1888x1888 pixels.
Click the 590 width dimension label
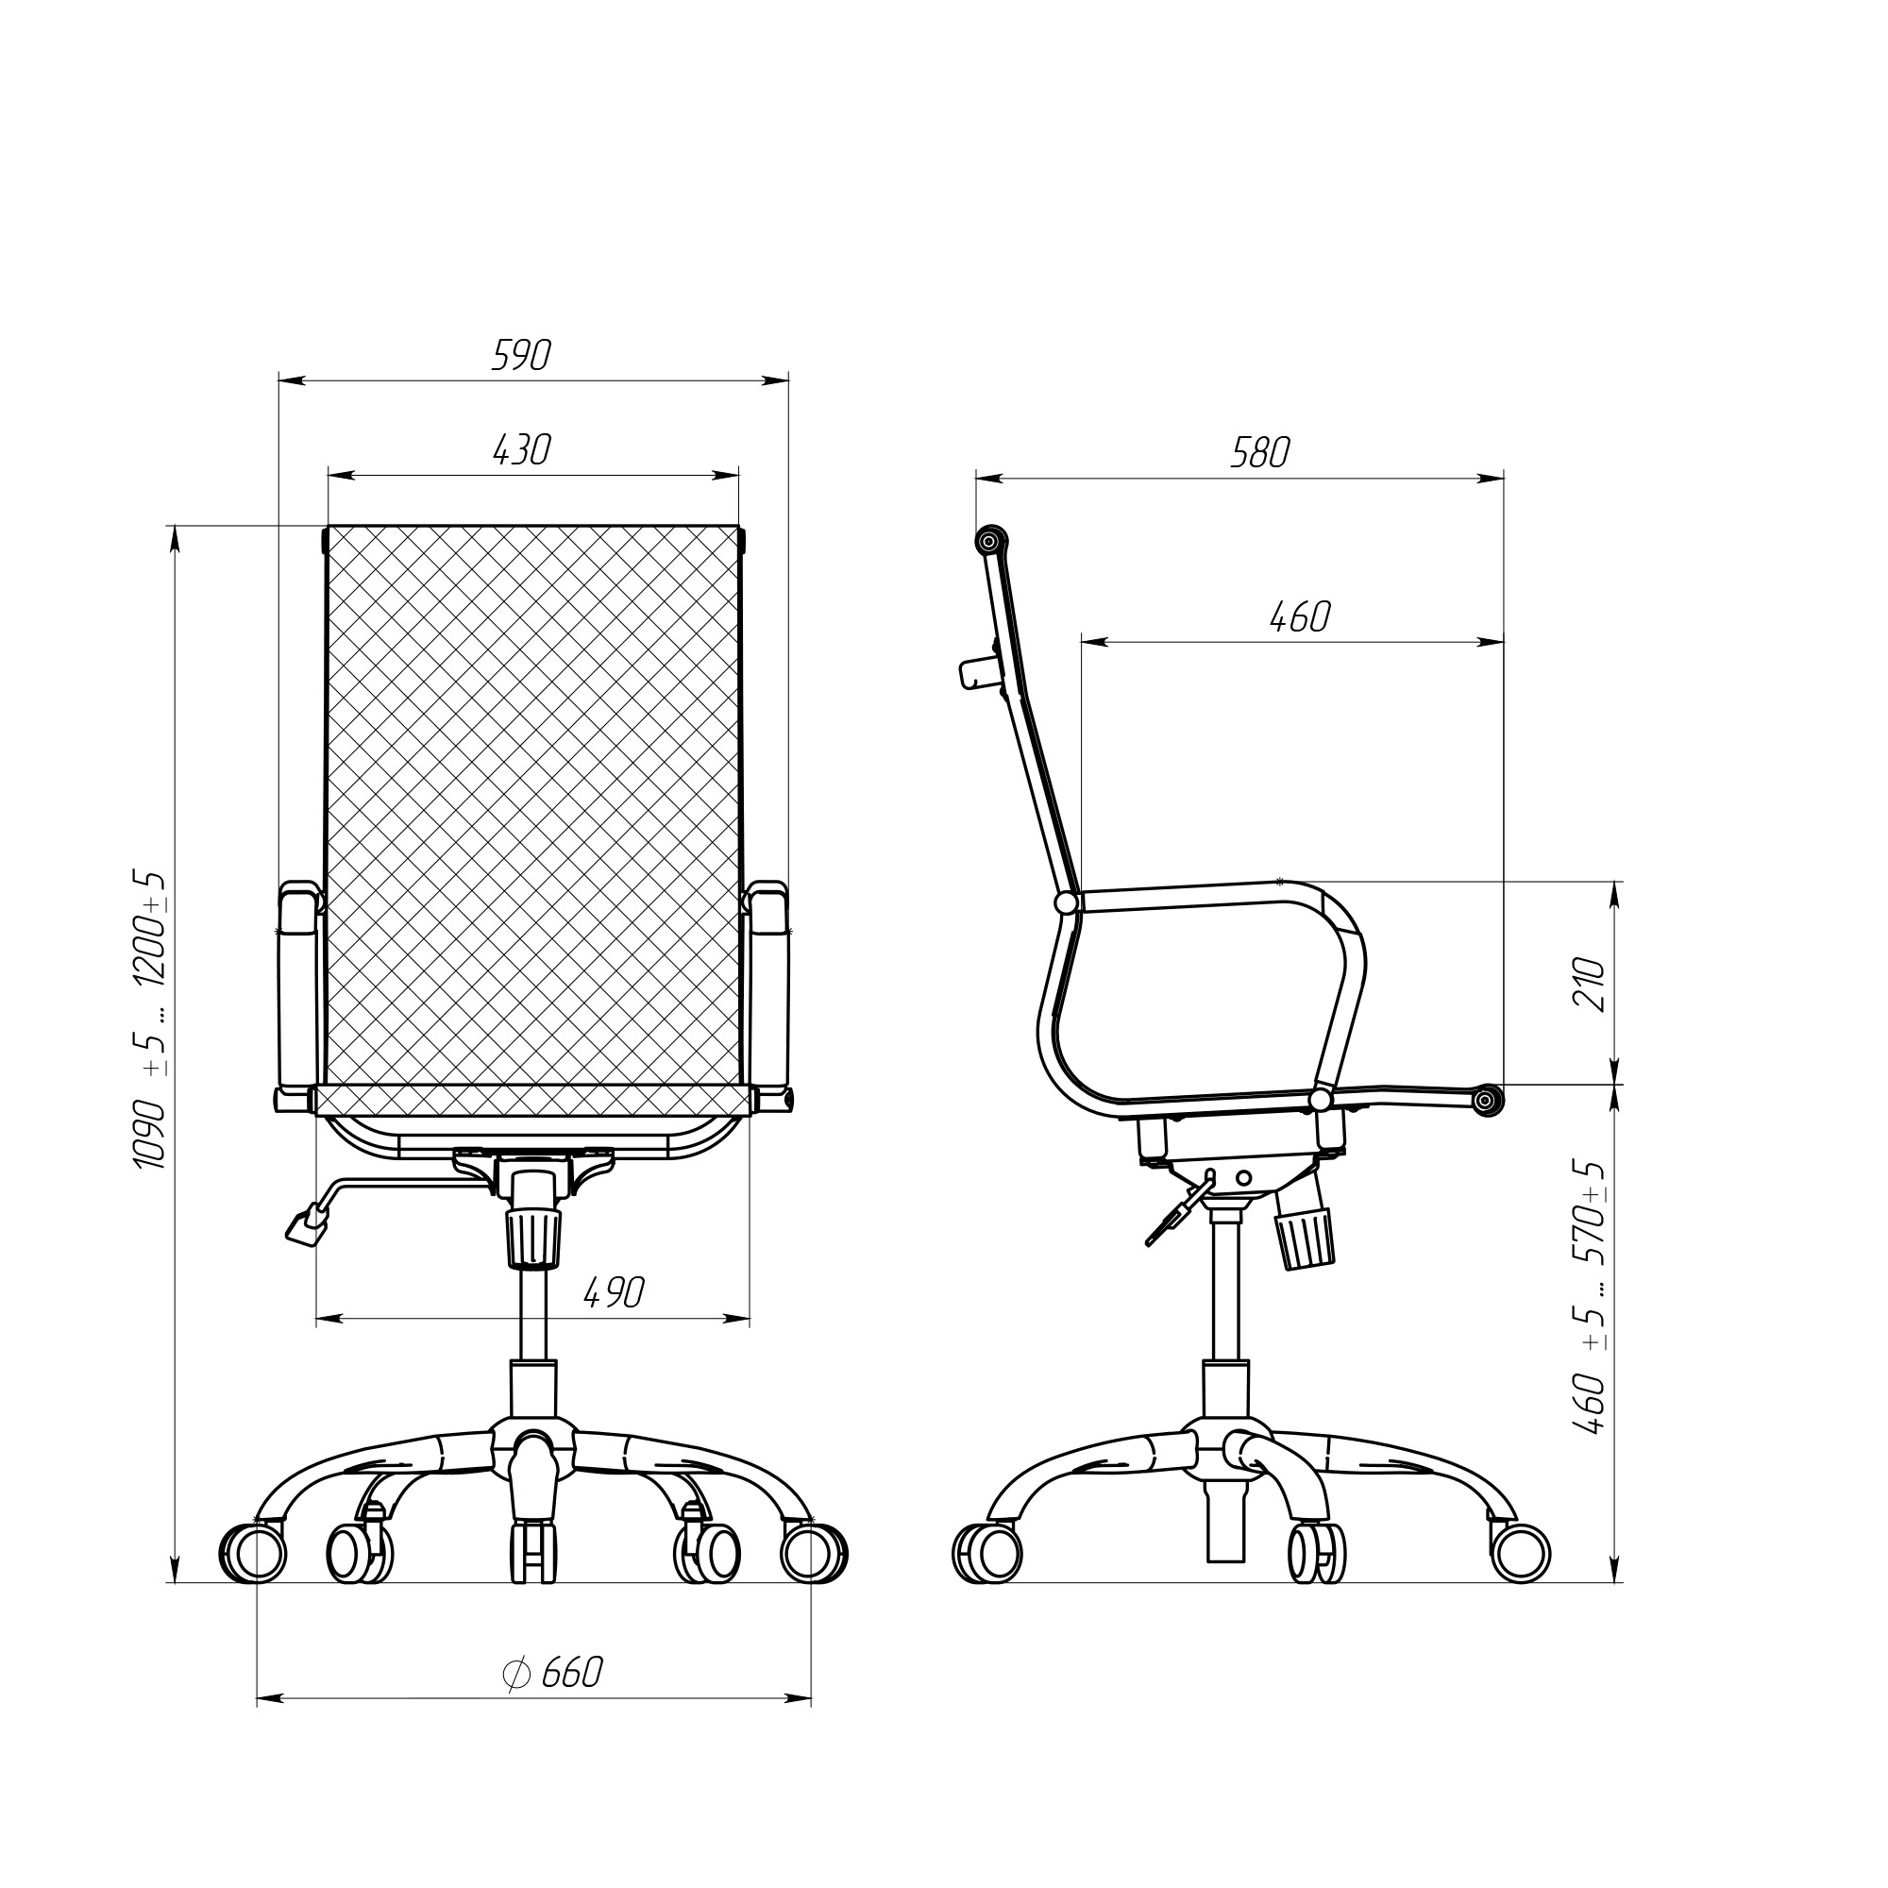tap(522, 356)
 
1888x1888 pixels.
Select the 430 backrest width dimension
tap(522, 449)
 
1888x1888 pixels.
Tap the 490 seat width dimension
tap(615, 1294)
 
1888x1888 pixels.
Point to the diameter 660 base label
tap(553, 1673)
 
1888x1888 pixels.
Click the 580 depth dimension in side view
tap(1259, 452)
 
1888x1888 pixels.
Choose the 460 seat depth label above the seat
tap(1300, 616)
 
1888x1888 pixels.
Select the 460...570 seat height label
tap(1590, 1299)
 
